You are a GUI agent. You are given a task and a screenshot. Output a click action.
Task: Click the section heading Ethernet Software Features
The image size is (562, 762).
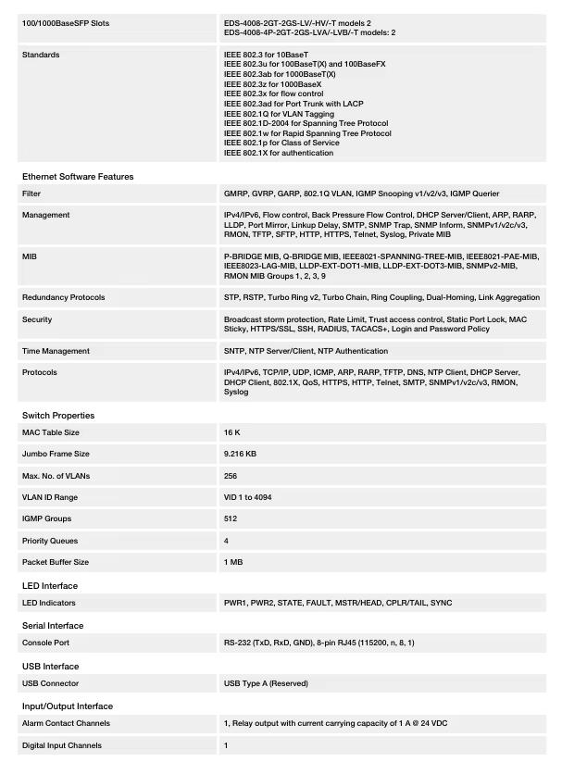78,176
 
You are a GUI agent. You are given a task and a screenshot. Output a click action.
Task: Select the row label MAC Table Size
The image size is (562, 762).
50,432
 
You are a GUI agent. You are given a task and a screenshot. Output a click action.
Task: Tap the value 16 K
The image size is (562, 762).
231,432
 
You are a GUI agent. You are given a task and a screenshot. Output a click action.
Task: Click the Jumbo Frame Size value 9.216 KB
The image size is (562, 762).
240,454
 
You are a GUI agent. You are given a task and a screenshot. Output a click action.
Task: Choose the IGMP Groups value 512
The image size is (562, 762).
231,518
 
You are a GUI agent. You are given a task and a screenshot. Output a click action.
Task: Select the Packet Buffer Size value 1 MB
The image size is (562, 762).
233,562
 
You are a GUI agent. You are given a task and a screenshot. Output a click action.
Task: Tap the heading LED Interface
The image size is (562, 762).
50,585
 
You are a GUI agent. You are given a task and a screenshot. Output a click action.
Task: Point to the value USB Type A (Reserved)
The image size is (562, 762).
266,683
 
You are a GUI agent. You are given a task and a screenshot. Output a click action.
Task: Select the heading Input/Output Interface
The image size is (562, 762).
68,706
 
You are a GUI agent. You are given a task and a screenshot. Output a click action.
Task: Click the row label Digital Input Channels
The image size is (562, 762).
61,745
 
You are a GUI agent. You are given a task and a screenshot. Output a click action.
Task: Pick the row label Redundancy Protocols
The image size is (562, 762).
63,297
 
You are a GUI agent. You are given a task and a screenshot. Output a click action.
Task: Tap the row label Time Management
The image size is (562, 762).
56,351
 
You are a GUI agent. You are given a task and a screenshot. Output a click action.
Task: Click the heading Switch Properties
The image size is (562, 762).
58,415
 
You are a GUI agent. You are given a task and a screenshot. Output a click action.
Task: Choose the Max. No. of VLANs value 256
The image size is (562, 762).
231,476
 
